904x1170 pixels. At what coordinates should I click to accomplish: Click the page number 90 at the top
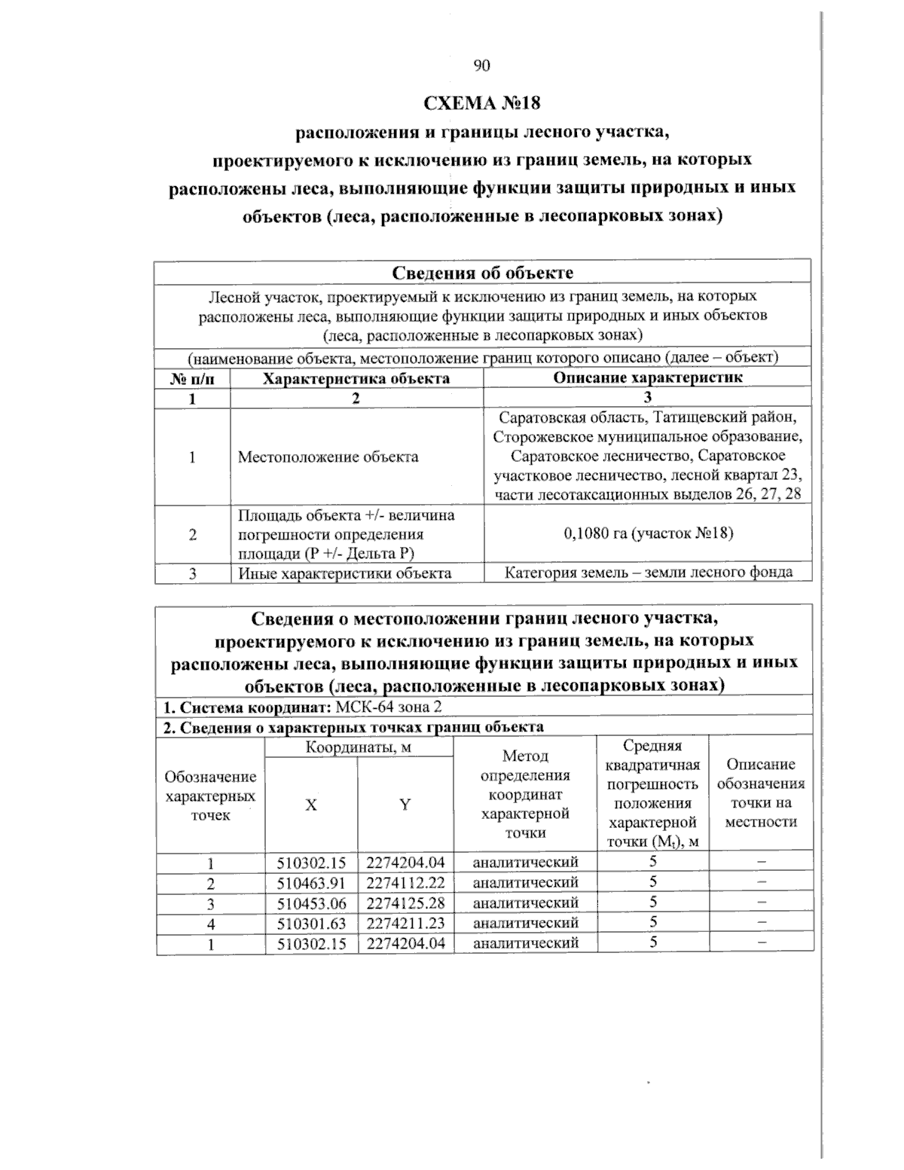[482, 66]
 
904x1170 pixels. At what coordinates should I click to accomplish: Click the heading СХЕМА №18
[482, 102]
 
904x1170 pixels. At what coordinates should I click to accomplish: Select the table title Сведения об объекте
[482, 272]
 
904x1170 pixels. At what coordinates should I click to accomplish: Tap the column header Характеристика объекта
[356, 378]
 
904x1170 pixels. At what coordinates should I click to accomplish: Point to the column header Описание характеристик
[647, 377]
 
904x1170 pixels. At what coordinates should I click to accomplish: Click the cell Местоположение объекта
[328, 457]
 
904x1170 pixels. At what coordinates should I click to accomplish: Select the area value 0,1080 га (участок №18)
[648, 533]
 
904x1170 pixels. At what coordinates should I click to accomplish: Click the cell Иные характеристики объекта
[345, 573]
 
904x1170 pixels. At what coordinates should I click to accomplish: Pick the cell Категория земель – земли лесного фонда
[648, 572]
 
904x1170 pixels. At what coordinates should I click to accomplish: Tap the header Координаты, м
[359, 747]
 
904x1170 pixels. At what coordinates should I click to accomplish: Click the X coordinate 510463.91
[311, 882]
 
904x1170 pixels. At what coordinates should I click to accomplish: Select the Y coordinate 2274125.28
[406, 902]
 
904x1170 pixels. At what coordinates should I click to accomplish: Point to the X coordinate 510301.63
[311, 922]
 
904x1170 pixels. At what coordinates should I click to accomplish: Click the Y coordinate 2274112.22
[406, 882]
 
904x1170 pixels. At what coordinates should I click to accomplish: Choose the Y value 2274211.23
[406, 922]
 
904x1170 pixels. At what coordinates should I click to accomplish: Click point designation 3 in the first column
[211, 903]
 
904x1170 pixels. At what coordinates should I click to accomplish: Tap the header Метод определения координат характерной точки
[525, 795]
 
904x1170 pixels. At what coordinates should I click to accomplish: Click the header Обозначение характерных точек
[211, 796]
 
